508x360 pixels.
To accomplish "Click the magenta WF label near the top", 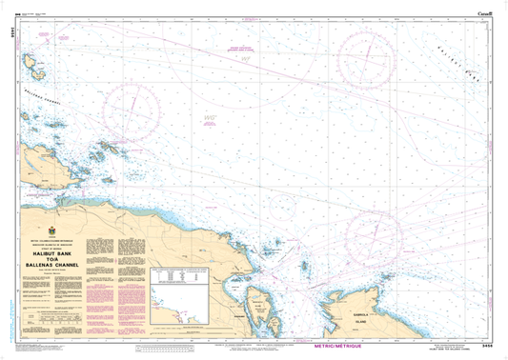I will pyautogui.click(x=245, y=63).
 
